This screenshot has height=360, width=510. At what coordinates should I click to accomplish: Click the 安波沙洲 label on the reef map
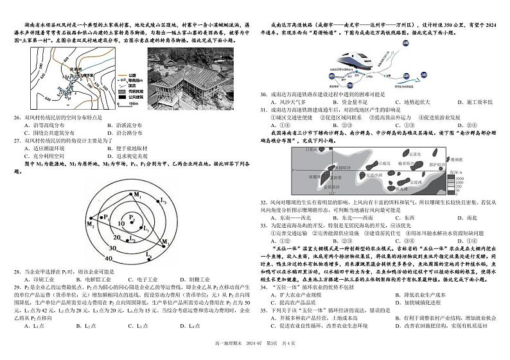(x=374, y=175)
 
